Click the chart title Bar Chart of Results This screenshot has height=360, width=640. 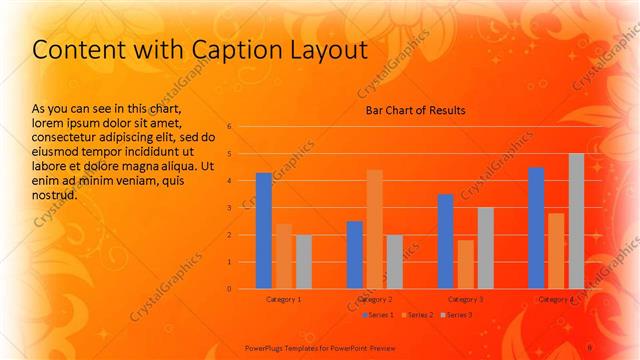(x=414, y=110)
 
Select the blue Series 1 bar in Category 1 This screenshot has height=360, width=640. (x=264, y=231)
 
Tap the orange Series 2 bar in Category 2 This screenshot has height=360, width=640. (x=375, y=229)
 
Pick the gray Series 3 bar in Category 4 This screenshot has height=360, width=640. (x=576, y=221)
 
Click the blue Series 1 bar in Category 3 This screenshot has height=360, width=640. (x=446, y=241)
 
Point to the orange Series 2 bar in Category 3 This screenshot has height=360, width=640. (x=466, y=264)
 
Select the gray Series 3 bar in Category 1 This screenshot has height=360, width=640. (x=304, y=262)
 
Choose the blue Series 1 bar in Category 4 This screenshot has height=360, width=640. (x=536, y=228)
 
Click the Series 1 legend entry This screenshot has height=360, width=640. (x=378, y=315)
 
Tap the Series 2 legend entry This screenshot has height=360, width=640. (x=418, y=315)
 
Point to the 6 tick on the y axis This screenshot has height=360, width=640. (x=229, y=127)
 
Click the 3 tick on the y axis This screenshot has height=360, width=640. (x=229, y=208)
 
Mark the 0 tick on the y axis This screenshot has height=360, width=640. (x=229, y=289)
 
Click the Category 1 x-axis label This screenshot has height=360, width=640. (x=284, y=299)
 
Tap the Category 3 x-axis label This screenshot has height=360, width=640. (x=466, y=299)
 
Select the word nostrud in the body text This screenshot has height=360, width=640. (x=56, y=195)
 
